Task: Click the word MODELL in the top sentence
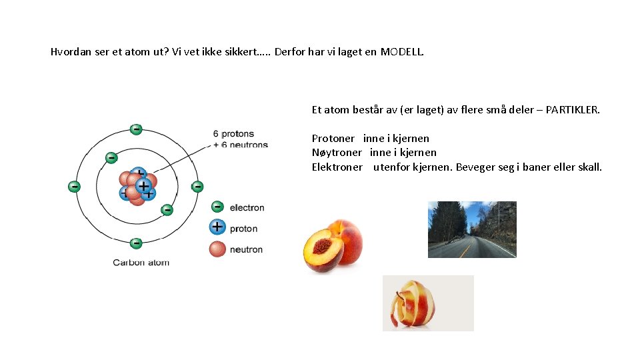pos(401,51)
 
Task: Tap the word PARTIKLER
pos(573,109)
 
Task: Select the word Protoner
pos(333,139)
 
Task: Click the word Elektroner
pos(337,167)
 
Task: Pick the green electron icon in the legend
pos(217,207)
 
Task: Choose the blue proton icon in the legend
pos(217,227)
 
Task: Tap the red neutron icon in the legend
pos(217,249)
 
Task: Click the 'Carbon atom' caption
pos(141,263)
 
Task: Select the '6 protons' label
pos(233,134)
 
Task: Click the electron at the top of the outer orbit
pos(136,129)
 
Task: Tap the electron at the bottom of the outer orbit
pos(136,243)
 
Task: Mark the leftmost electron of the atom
pos(74,186)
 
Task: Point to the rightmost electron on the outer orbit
pos(197,186)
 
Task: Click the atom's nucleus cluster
pos(137,185)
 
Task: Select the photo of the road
pos(472,229)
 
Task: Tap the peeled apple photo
pos(428,303)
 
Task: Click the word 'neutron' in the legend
pos(246,249)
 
